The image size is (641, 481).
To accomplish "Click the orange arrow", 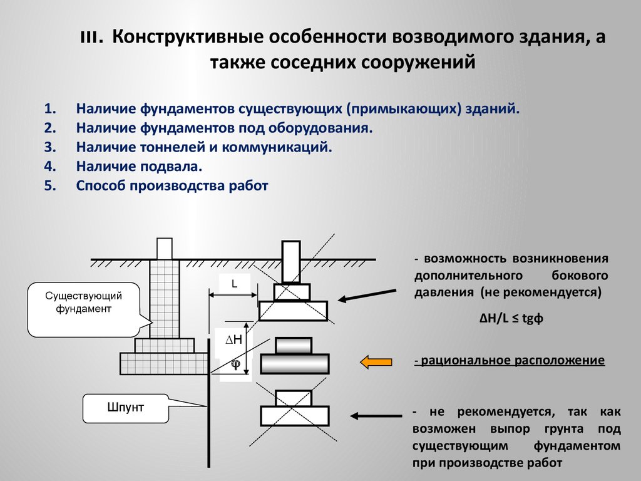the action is [376, 361].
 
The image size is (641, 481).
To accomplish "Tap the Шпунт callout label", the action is [125, 407].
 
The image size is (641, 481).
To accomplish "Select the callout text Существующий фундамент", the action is [83, 302].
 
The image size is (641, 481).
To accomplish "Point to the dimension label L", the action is [234, 284].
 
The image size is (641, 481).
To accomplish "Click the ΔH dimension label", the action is [234, 339].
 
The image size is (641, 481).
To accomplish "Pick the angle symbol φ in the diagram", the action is [236, 364].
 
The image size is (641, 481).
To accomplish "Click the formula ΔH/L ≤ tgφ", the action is [511, 318].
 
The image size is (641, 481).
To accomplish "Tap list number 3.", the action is [50, 147].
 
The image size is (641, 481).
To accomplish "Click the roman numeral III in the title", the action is [90, 38].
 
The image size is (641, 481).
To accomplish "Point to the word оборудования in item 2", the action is [320, 128].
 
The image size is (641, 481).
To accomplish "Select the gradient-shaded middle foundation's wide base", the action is [295, 363].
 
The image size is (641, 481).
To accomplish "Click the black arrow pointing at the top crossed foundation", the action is [367, 296].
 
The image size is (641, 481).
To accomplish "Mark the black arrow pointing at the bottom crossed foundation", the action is [376, 416].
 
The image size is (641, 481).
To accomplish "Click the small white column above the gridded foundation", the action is [165, 249].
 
